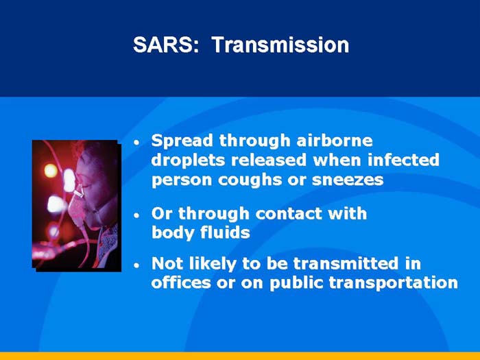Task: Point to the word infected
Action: click(x=403, y=160)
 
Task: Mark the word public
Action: click(x=296, y=283)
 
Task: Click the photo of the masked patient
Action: click(x=75, y=204)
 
